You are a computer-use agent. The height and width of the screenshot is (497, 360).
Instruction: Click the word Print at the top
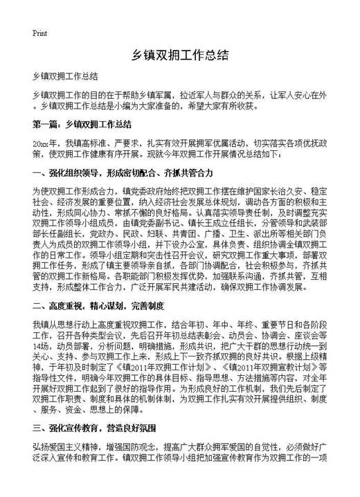click(39, 33)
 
